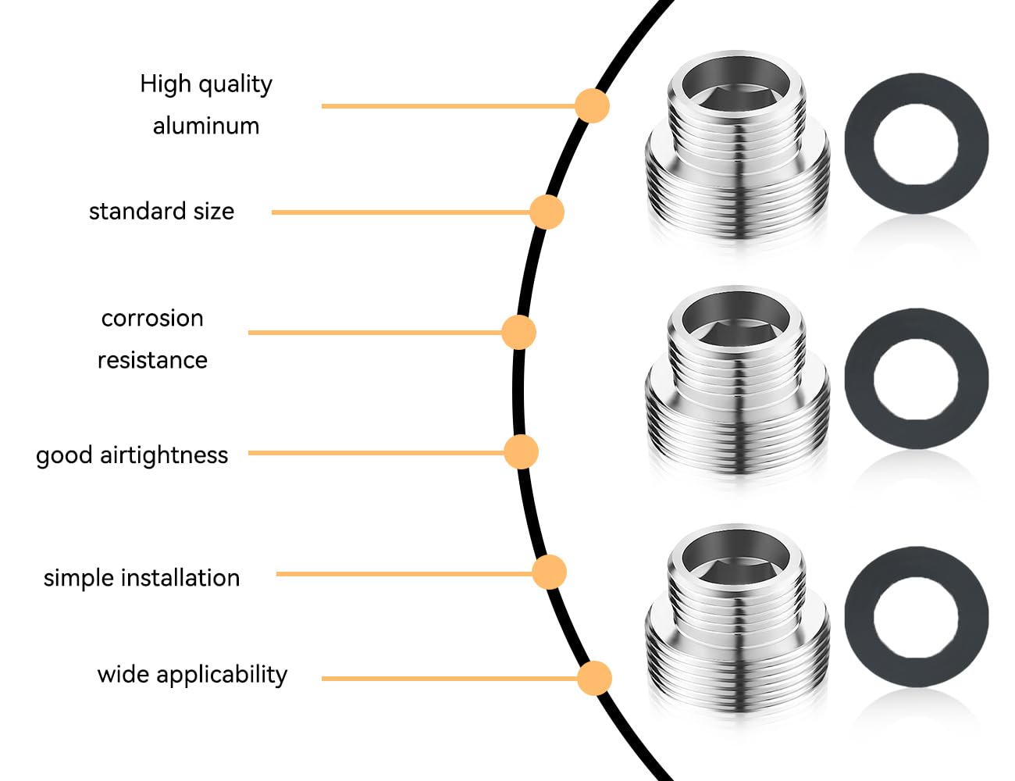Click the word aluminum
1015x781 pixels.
pyautogui.click(x=206, y=126)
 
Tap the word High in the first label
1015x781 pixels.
pyautogui.click(x=166, y=84)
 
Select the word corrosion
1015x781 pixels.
pyautogui.click(x=152, y=319)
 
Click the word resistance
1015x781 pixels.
pyautogui.click(x=152, y=360)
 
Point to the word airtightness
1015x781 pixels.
pyautogui.click(x=164, y=455)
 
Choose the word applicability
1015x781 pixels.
pyautogui.click(x=222, y=676)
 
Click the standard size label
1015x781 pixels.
pyautogui.click(x=162, y=212)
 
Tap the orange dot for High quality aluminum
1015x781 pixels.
pyautogui.click(x=592, y=106)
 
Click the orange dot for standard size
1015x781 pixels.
pyautogui.click(x=547, y=212)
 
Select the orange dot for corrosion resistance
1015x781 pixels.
pyautogui.click(x=518, y=332)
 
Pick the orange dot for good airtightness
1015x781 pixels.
pyautogui.click(x=521, y=451)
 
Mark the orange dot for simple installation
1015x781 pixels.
pyautogui.click(x=550, y=572)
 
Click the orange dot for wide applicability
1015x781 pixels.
pyautogui.click(x=594, y=678)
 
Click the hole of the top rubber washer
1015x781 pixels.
pyautogui.click(x=916, y=144)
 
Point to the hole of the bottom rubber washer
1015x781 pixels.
pyautogui.click(x=916, y=617)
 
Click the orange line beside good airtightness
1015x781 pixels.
pyautogui.click(x=376, y=453)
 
